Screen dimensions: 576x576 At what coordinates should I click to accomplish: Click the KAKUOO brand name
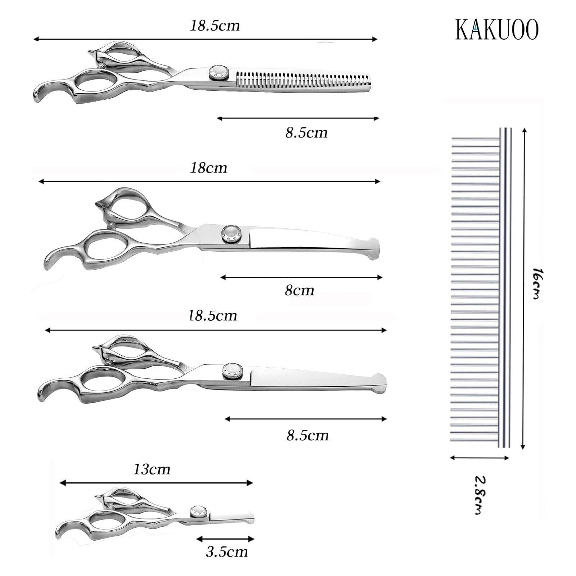point(497,29)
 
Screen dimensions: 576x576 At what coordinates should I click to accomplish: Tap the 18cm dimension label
point(208,168)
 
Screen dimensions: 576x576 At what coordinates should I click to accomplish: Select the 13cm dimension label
point(152,469)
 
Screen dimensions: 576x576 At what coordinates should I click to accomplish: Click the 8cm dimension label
point(299,290)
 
